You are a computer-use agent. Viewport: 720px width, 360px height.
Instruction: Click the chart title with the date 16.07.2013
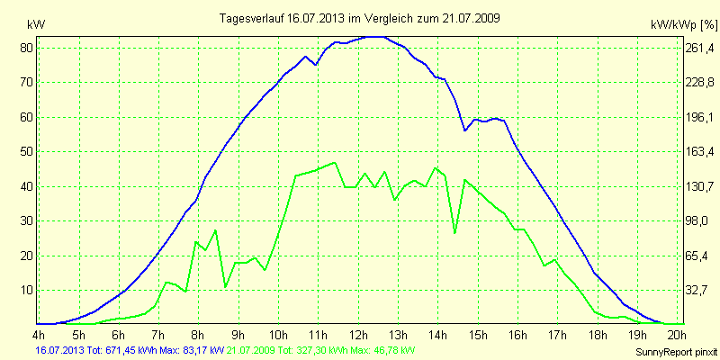[x=360, y=18]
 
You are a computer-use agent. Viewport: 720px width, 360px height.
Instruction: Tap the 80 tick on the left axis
[x=27, y=48]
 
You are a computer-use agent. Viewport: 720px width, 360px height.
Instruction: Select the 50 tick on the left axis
[x=27, y=152]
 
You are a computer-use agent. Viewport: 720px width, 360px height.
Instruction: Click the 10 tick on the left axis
[x=27, y=291]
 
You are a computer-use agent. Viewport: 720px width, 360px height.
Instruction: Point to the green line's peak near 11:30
[x=335, y=163]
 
